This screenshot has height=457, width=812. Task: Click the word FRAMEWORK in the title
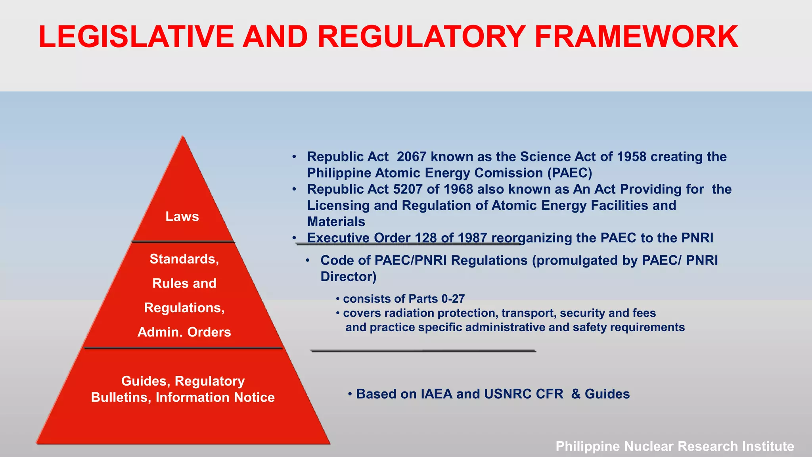pyautogui.click(x=636, y=37)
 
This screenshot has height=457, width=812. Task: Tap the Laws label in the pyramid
pyautogui.click(x=182, y=217)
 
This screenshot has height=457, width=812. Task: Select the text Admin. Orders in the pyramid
pyautogui.click(x=184, y=332)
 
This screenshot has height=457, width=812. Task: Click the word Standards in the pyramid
pyautogui.click(x=183, y=259)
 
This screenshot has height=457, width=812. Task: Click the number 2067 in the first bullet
pyautogui.click(x=412, y=157)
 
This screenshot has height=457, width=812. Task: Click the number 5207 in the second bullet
pyautogui.click(x=408, y=189)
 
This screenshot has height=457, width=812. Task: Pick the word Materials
pyautogui.click(x=336, y=222)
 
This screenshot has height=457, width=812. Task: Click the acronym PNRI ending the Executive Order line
pyautogui.click(x=697, y=238)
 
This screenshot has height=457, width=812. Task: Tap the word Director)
pyautogui.click(x=348, y=277)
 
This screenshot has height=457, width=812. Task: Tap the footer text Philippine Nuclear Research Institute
pyautogui.click(x=674, y=446)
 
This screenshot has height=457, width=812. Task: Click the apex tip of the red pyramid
pyautogui.click(x=183, y=137)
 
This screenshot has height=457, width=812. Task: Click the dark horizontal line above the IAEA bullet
pyautogui.click(x=423, y=351)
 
